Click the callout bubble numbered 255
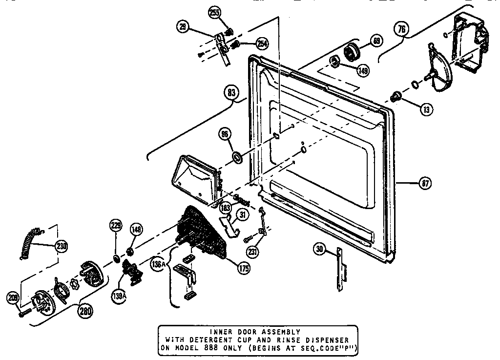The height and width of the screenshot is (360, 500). pyautogui.click(x=214, y=14)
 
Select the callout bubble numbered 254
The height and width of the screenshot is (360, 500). pyautogui.click(x=262, y=44)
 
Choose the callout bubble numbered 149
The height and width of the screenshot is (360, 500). pyautogui.click(x=362, y=70)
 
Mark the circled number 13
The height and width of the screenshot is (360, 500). pyautogui.click(x=426, y=109)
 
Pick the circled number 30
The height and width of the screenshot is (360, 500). pyautogui.click(x=320, y=250)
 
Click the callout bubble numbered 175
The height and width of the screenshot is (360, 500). pyautogui.click(x=243, y=267)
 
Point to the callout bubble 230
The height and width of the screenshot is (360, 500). pyautogui.click(x=62, y=246)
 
